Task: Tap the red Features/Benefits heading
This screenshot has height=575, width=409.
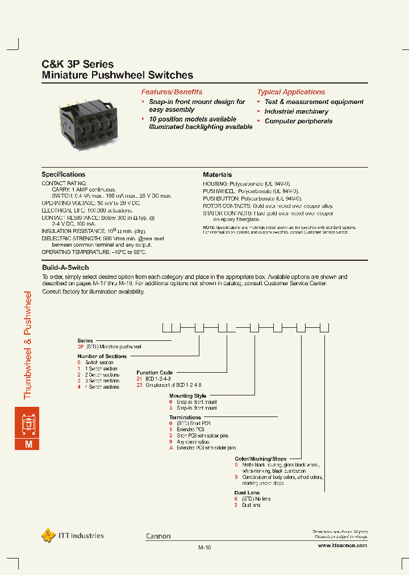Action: [172, 92]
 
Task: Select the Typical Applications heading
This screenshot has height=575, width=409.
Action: [291, 92]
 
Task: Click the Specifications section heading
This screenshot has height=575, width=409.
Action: [64, 174]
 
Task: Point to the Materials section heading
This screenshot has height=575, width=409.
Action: [218, 174]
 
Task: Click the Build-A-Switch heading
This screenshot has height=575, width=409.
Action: [65, 267]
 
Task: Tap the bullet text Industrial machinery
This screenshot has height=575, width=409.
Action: [296, 112]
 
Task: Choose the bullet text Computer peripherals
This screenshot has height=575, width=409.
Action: [298, 122]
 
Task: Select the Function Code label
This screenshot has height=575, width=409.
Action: [155, 373]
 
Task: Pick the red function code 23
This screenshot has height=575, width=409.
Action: [139, 385]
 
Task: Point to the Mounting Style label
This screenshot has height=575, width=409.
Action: [187, 396]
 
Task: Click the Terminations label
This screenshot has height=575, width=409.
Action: [185, 418]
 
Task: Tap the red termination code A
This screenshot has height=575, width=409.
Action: [171, 448]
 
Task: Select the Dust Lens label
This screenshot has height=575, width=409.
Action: [247, 493]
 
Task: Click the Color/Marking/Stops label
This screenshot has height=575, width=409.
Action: [260, 459]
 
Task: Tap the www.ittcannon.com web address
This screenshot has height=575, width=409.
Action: [342, 545]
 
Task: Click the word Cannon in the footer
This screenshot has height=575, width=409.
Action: [158, 536]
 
